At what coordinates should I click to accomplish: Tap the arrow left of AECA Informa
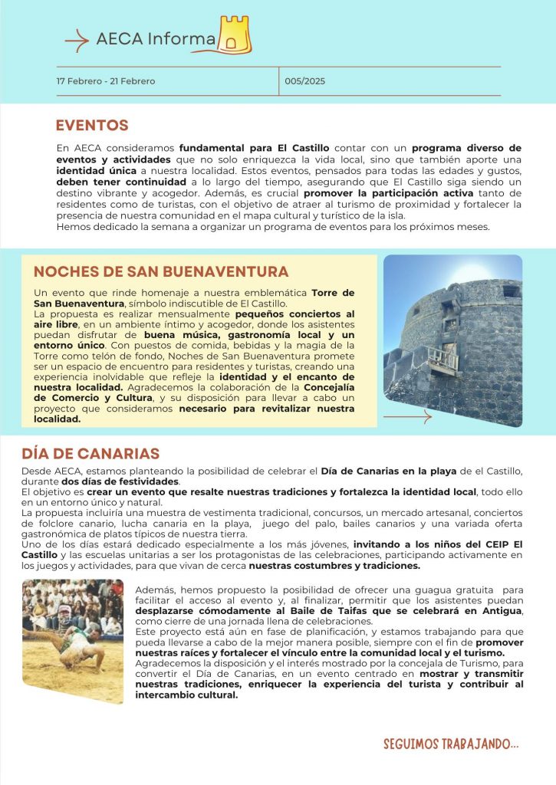pyautogui.click(x=77, y=41)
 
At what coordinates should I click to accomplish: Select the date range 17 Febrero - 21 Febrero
pyautogui.click(x=105, y=81)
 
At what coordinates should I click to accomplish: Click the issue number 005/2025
pyautogui.click(x=305, y=81)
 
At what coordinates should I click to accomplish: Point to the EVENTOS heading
pyautogui.click(x=91, y=126)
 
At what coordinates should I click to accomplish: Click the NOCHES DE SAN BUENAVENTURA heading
pyautogui.click(x=161, y=272)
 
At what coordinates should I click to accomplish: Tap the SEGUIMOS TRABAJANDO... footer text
pyautogui.click(x=451, y=744)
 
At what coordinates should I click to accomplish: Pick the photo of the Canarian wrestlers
pyautogui.click(x=72, y=640)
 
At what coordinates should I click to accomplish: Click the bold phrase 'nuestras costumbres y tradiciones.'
pyautogui.click(x=334, y=566)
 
